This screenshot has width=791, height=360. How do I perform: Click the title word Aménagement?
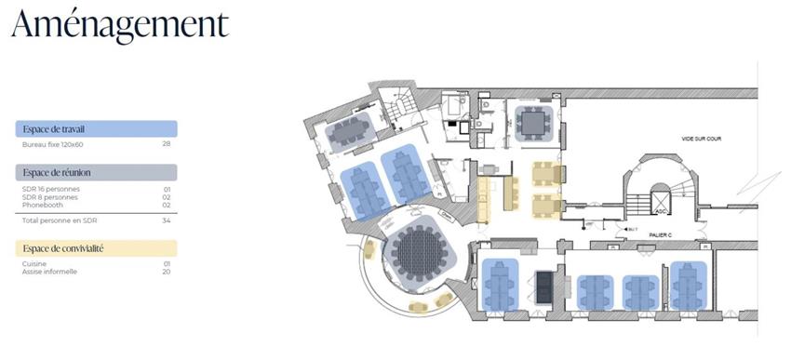120,25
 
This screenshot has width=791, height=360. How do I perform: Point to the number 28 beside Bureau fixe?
167,145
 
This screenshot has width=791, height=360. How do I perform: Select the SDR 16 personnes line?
50,189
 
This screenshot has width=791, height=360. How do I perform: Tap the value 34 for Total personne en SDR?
167,220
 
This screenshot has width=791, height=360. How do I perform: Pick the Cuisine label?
34,264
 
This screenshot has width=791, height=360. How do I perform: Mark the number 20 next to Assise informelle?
167,272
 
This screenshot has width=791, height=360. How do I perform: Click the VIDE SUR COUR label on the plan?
701,139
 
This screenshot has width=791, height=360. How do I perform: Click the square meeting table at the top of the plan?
534,122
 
